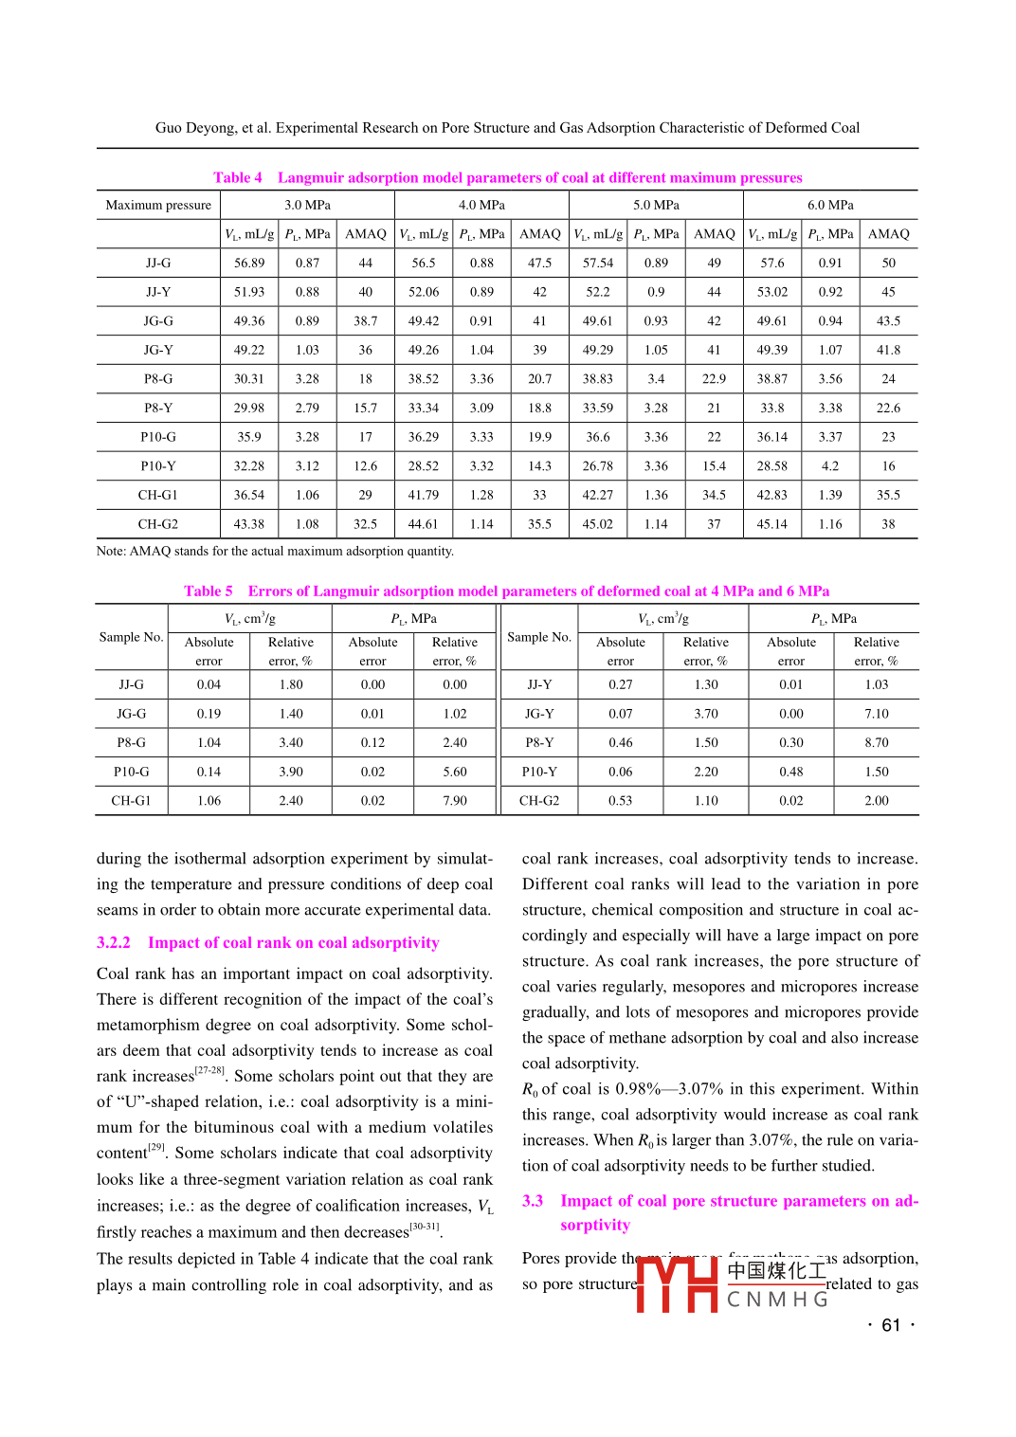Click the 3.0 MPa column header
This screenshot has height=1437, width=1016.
(x=307, y=205)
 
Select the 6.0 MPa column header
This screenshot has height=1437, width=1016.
(x=830, y=205)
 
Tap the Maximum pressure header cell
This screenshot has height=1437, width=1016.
(x=158, y=205)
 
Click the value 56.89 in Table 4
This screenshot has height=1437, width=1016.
(x=249, y=263)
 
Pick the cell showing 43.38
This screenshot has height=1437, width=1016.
(x=249, y=524)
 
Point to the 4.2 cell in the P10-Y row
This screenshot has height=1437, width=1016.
(x=830, y=466)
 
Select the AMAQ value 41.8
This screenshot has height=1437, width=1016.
(x=888, y=350)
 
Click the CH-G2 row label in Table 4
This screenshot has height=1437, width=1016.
(x=158, y=524)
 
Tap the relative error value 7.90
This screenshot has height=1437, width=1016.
(x=455, y=801)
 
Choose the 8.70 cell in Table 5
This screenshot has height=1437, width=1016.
(x=877, y=743)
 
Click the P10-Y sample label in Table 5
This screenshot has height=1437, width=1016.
(x=539, y=772)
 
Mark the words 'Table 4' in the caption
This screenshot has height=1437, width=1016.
(x=238, y=177)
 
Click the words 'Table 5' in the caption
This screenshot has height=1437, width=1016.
(x=209, y=591)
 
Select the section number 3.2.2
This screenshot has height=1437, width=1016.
(x=114, y=943)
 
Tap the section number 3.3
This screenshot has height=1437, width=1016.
(x=533, y=1201)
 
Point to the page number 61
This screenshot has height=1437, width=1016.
(x=891, y=1325)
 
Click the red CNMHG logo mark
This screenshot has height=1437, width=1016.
(x=677, y=1283)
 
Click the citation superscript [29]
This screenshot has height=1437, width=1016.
(x=156, y=1147)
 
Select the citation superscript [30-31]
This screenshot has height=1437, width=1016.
(x=424, y=1227)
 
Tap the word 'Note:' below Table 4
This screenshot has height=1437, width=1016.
(x=111, y=552)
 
